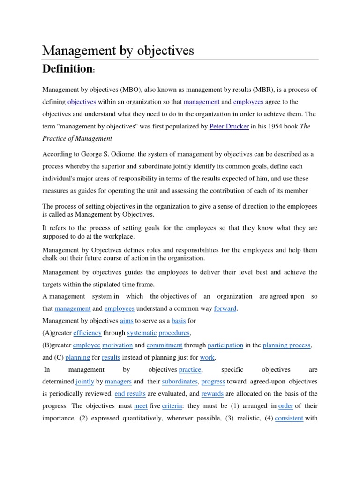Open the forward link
225,308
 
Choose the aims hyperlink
127,321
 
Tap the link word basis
179,321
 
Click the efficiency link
86,333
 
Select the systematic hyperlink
142,333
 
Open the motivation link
117,345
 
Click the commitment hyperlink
164,345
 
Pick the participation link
225,345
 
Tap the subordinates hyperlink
180,382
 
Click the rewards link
212,394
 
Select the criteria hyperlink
172,406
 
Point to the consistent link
289,418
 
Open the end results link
130,394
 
